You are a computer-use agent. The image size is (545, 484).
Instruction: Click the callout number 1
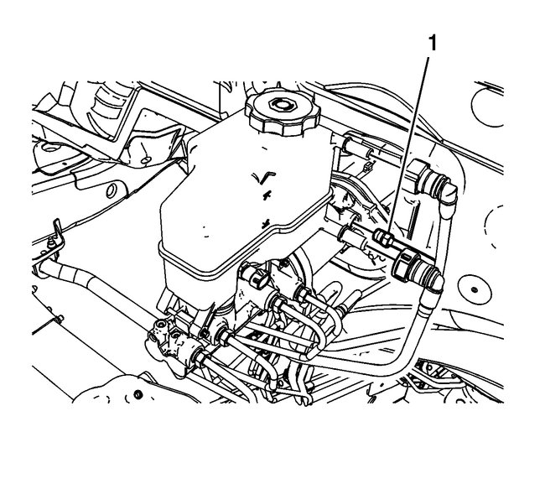[x=432, y=44]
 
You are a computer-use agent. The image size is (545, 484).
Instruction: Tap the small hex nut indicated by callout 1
[x=382, y=238]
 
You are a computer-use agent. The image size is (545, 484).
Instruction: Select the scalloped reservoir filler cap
[x=283, y=112]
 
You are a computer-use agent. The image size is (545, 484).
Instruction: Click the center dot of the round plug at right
[x=474, y=289]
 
